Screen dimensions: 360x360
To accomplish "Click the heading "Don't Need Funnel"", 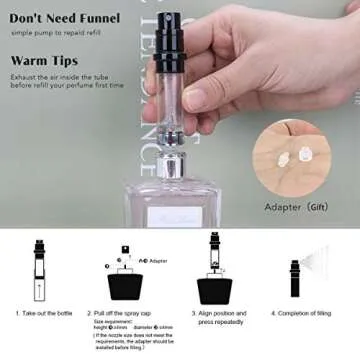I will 64,17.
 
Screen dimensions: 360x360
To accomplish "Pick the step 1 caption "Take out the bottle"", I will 45,312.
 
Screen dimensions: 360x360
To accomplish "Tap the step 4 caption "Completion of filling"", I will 306,312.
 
